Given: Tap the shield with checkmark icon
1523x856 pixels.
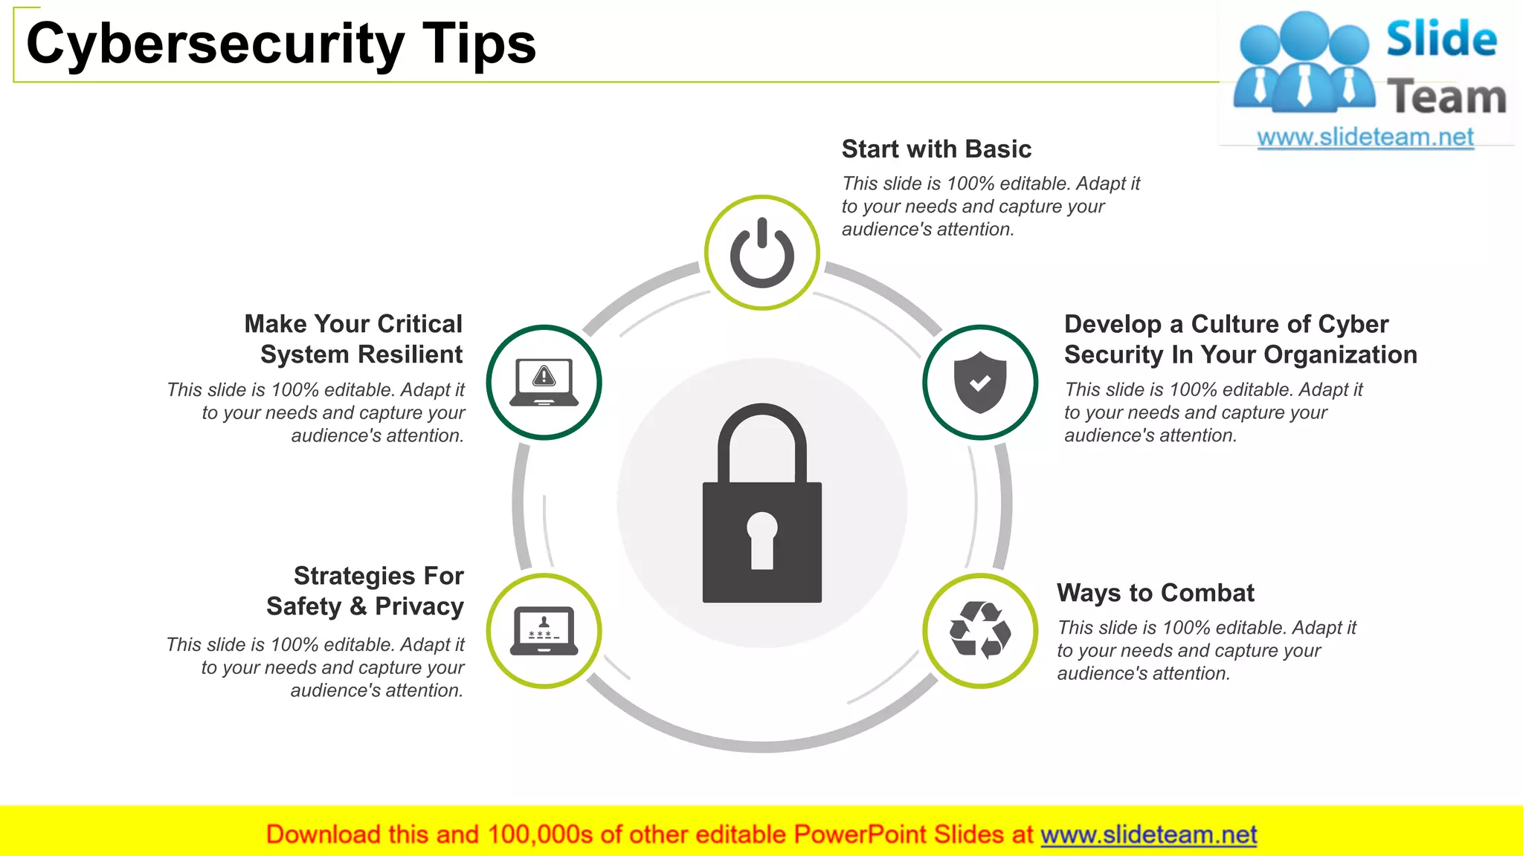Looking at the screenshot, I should pos(980,382).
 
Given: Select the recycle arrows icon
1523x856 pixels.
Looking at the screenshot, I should pos(980,630).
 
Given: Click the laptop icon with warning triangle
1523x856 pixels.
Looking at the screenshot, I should pos(544,382).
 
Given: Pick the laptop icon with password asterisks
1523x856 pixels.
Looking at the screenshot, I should pos(544,630).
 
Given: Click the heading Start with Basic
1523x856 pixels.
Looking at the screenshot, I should pos(936,149).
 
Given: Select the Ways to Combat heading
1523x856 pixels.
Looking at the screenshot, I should pos(1155,593).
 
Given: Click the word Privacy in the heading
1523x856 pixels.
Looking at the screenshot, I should pos(419,606).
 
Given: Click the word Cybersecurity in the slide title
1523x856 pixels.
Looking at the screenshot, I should pos(216,43).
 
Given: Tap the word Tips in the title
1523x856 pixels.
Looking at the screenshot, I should pos(480,43).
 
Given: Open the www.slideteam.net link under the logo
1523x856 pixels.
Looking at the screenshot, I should pos(1365,137).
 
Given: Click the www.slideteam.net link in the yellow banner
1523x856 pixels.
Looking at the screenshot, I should pos(1148,834).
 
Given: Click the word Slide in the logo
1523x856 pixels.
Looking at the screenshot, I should pos(1441,39).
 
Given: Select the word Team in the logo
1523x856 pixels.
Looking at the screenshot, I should pos(1446,97).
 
